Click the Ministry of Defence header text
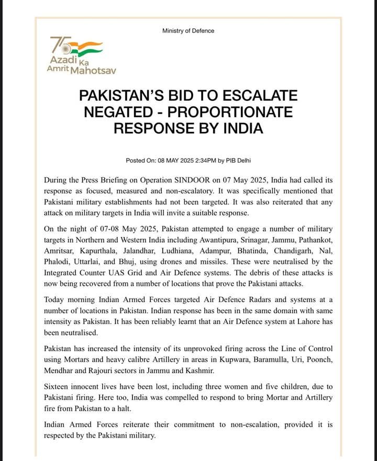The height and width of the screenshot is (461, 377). [x=188, y=31]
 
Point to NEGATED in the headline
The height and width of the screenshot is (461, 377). [x=121, y=112]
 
